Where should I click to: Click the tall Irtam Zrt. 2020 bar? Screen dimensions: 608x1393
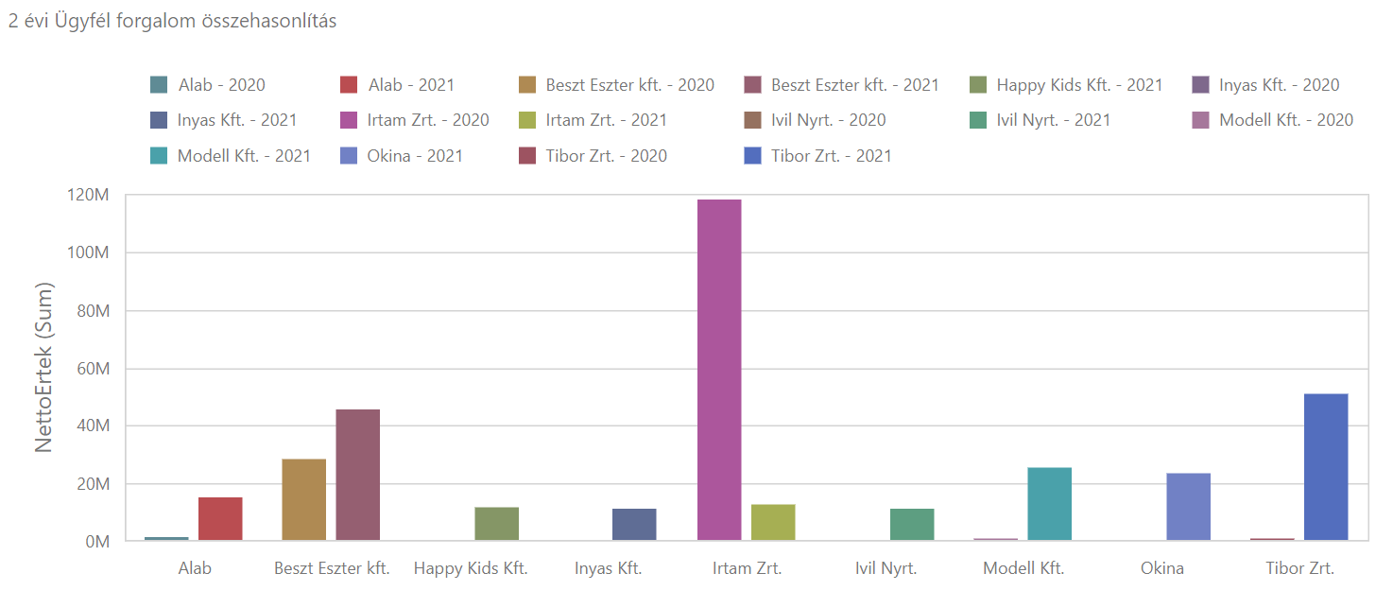(x=718, y=370)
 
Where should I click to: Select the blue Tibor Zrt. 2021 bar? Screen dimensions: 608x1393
(x=1326, y=467)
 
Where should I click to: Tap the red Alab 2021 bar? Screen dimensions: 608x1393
(x=220, y=519)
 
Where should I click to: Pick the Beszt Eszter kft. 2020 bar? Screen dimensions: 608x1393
(x=303, y=500)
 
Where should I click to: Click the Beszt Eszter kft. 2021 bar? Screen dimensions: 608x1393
(x=357, y=475)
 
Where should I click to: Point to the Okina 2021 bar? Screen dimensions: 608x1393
(x=1188, y=507)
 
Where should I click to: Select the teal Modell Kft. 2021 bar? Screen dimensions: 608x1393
(x=1049, y=504)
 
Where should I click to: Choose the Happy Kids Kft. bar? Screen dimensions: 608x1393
(x=496, y=524)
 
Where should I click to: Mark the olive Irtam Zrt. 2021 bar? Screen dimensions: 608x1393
(x=773, y=523)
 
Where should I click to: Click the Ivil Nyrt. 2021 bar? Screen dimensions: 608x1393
(x=912, y=525)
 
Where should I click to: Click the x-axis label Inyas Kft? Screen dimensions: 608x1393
(x=608, y=569)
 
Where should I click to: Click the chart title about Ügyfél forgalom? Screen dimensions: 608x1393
(x=172, y=22)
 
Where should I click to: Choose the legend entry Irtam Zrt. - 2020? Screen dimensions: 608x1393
(x=427, y=120)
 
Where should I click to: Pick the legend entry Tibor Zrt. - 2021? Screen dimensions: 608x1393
(x=831, y=156)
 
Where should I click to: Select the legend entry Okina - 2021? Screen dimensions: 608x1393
(x=414, y=156)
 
